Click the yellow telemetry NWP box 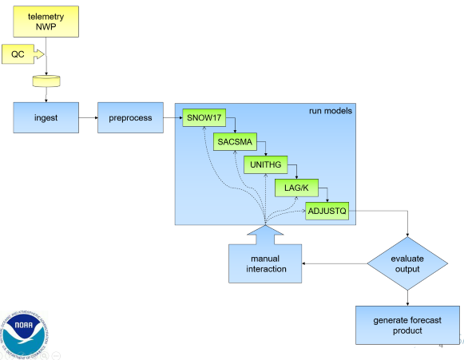click(x=46, y=22)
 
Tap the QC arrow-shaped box click(x=23, y=54)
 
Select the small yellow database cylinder click(x=46, y=81)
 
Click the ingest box click(x=46, y=117)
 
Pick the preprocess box click(x=130, y=117)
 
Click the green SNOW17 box click(x=204, y=117)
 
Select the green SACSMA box click(x=235, y=142)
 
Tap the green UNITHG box click(x=266, y=164)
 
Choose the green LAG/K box click(x=296, y=188)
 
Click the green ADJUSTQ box click(x=327, y=211)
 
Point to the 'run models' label click(x=331, y=111)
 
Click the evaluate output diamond click(x=407, y=263)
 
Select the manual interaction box click(x=265, y=263)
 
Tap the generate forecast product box click(x=407, y=325)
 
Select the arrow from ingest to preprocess click(x=88, y=117)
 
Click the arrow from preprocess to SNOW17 click(x=173, y=117)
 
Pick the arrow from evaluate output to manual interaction click(x=335, y=263)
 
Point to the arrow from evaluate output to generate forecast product click(x=407, y=298)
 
